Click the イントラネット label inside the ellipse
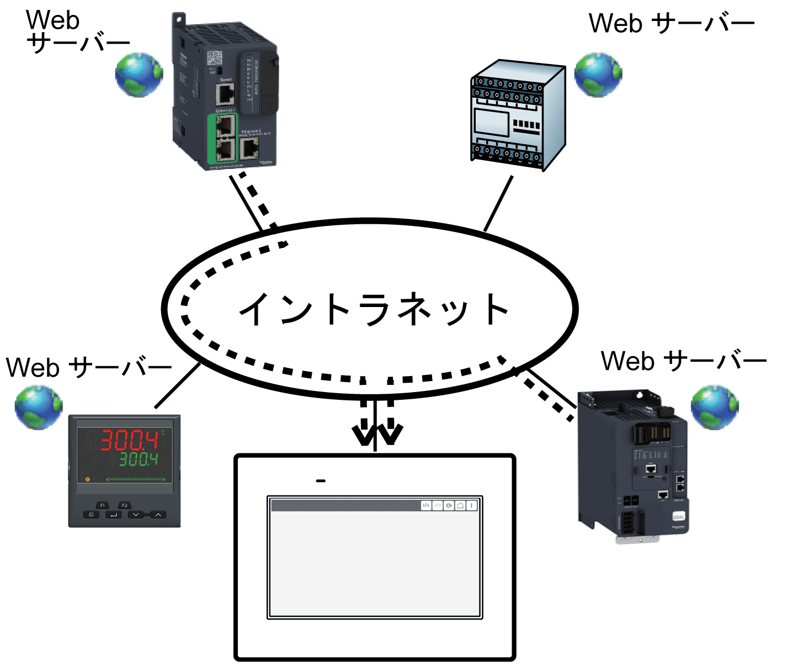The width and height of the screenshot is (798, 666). [x=374, y=309]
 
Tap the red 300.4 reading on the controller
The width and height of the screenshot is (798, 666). [x=129, y=441]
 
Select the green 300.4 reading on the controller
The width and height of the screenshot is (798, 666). [x=139, y=459]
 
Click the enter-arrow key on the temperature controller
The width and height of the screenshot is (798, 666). [x=113, y=515]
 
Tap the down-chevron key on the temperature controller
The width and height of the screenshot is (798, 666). [x=136, y=515]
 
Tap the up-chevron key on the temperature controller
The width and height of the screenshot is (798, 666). [x=158, y=515]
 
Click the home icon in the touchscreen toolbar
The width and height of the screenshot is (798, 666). [x=460, y=505]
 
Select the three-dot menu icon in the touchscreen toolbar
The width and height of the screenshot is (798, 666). [x=472, y=505]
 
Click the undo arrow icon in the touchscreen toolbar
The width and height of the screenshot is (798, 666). [x=426, y=505]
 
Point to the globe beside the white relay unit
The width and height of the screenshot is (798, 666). [x=598, y=75]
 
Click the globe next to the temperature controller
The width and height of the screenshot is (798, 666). [x=39, y=408]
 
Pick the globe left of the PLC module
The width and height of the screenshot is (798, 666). [x=139, y=75]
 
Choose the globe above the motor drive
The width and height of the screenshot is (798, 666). [x=715, y=408]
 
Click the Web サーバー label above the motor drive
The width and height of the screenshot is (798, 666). [x=684, y=361]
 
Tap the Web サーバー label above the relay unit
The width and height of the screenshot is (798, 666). [x=672, y=24]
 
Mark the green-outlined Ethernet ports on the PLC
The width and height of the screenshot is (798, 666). [x=224, y=139]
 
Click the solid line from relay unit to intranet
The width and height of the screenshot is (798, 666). [x=498, y=203]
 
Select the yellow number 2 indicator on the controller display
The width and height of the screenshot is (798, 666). [x=87, y=479]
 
